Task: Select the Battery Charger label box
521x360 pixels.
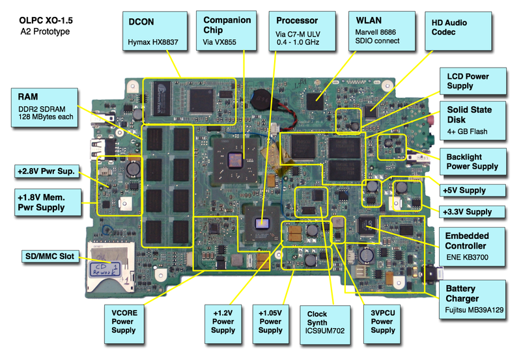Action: coord(473,299)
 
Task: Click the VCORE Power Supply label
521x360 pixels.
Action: coord(123,321)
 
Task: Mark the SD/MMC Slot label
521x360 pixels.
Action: coord(49,256)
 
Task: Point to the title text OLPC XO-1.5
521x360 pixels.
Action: coord(46,21)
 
